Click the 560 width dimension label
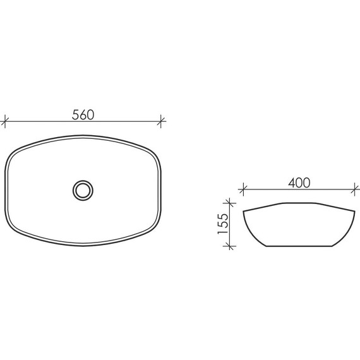point(83,115)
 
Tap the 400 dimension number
point(298,183)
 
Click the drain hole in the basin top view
point(83,189)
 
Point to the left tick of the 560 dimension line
point(5,121)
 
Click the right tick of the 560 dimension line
point(162,121)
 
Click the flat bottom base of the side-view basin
point(297,246)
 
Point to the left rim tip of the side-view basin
point(243,210)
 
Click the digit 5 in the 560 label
point(75,115)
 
